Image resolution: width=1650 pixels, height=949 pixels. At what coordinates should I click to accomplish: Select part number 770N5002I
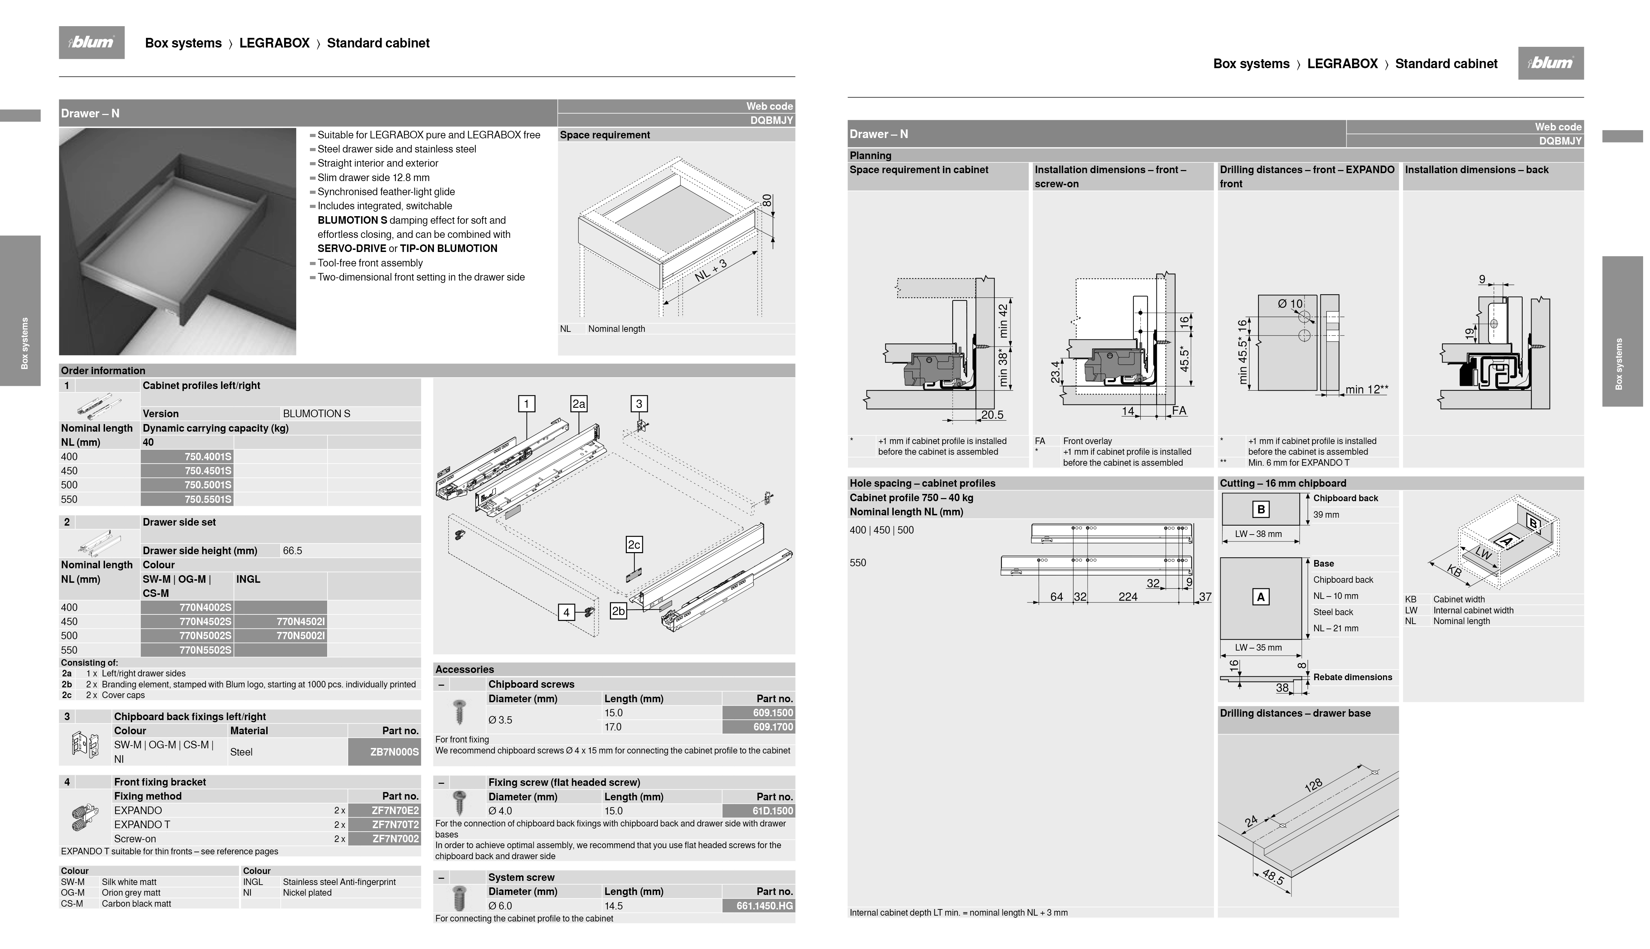(301, 635)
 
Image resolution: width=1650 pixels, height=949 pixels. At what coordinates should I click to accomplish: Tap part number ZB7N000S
(394, 751)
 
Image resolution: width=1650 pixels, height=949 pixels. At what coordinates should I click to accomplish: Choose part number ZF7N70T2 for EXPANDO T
(395, 824)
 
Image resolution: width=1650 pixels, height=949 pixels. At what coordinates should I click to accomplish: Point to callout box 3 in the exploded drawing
(639, 404)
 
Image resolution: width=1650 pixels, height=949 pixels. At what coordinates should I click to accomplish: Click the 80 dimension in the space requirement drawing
(767, 201)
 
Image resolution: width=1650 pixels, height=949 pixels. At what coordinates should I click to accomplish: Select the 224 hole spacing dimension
(1128, 597)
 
